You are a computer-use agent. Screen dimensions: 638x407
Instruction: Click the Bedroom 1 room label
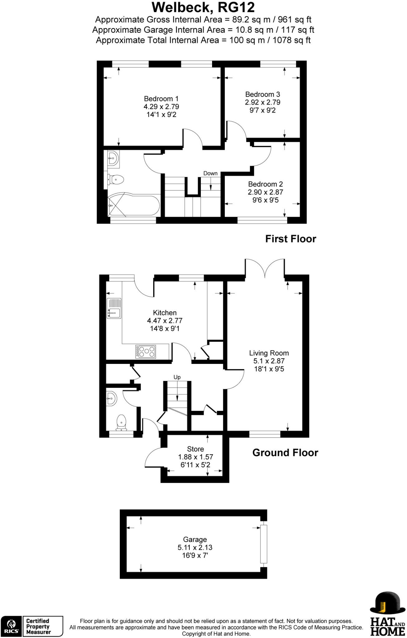[x=161, y=99]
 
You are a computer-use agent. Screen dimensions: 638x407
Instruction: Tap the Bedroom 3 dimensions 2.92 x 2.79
[x=263, y=102]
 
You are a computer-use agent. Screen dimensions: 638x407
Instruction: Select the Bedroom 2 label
[x=265, y=184]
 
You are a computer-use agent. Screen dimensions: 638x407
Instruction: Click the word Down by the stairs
[x=210, y=174]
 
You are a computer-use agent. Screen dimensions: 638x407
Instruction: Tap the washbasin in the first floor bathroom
[x=113, y=158]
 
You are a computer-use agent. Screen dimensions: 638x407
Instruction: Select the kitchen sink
[x=114, y=308]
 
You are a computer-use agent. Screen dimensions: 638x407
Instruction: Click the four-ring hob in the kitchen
[x=146, y=351]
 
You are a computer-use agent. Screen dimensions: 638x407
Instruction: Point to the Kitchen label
[x=165, y=313]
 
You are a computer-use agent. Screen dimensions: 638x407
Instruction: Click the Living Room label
[x=269, y=353]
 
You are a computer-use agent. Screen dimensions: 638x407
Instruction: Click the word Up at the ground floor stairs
[x=177, y=377]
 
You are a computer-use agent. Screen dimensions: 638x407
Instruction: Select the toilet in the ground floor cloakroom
[x=121, y=422]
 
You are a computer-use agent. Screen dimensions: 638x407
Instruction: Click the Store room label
[x=196, y=449]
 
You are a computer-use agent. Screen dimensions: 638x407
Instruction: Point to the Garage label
[x=195, y=539]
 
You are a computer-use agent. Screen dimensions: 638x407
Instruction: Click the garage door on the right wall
[x=264, y=544]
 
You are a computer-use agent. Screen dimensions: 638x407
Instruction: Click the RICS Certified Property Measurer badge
[x=32, y=626]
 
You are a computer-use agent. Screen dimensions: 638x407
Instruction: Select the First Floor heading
[x=291, y=239]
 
